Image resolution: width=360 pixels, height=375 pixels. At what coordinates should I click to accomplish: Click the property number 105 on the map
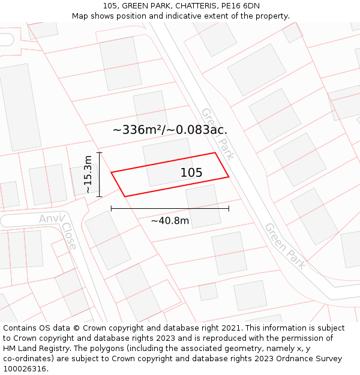(x=191, y=173)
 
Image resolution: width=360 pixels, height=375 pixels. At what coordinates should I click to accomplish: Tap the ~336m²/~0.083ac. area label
(x=170, y=130)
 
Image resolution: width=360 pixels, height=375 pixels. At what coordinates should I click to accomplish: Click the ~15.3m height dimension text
(x=88, y=175)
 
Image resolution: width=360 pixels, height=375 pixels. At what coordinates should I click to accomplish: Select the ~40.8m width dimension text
(x=170, y=221)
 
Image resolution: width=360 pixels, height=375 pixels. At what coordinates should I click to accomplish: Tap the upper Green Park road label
(x=217, y=133)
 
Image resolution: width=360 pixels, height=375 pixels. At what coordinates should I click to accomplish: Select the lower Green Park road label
(x=286, y=245)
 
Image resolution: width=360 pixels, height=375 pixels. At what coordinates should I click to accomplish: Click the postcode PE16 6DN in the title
(x=241, y=6)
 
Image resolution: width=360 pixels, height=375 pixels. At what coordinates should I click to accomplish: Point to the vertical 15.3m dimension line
(x=100, y=175)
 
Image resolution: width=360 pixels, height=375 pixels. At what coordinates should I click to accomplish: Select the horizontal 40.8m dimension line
(x=170, y=209)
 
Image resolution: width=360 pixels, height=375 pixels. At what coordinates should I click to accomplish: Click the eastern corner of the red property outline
(x=229, y=176)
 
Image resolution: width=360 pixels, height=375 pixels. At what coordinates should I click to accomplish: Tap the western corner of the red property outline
(x=112, y=173)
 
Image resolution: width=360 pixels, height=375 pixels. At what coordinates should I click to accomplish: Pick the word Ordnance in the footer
(x=281, y=359)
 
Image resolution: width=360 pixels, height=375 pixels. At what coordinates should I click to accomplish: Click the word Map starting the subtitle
(x=80, y=16)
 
